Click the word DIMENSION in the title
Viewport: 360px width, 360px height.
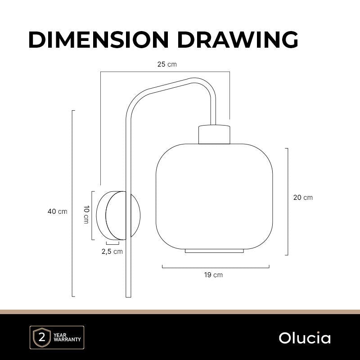click(x=99, y=40)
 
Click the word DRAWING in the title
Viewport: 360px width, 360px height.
click(x=238, y=40)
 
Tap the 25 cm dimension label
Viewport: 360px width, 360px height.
click(x=167, y=64)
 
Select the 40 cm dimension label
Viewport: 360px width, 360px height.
click(x=58, y=211)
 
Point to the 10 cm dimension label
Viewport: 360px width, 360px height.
click(x=86, y=215)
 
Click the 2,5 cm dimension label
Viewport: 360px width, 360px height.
click(x=112, y=252)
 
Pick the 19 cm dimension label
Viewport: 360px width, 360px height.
click(x=213, y=275)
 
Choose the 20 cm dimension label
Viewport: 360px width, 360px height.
click(x=303, y=198)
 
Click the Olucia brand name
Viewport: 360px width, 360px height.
click(x=305, y=338)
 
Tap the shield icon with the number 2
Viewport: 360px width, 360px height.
click(x=42, y=337)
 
